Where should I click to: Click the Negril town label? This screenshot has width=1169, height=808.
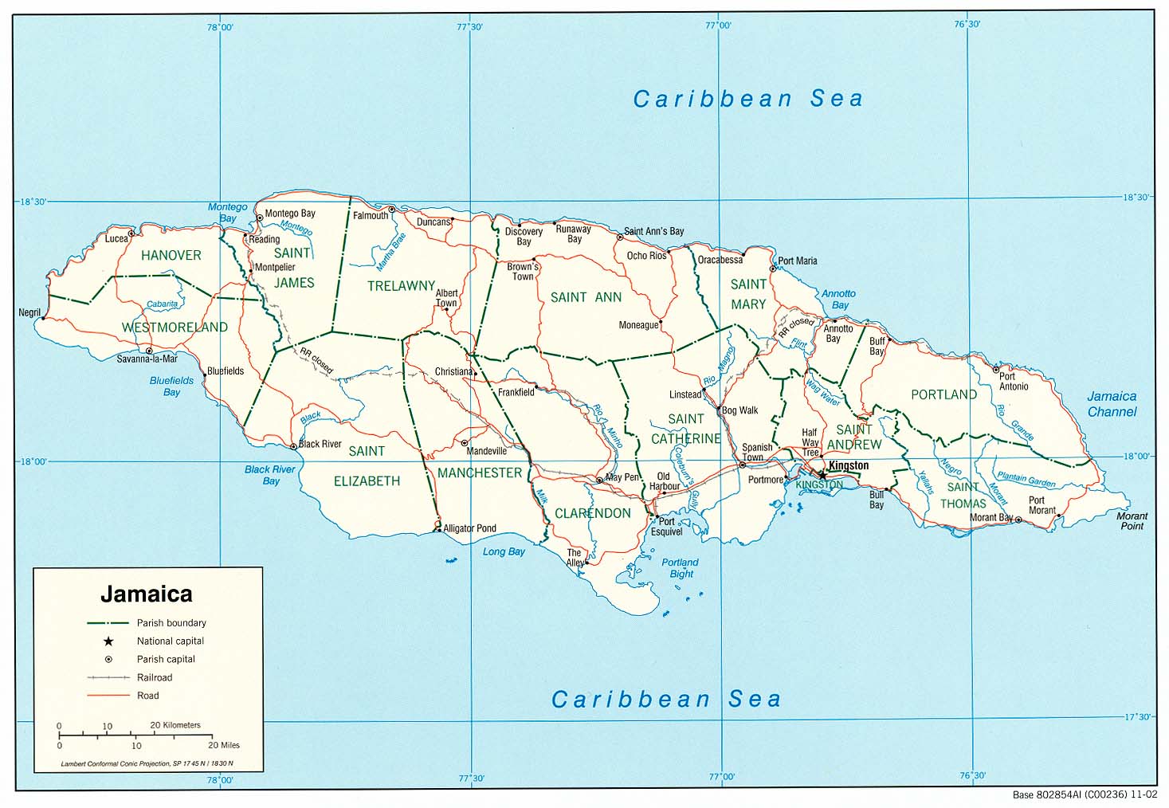pos(29,312)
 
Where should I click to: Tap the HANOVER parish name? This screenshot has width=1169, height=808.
pos(171,256)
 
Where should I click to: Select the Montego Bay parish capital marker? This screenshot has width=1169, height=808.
pos(259,217)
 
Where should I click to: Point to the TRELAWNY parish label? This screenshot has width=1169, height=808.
pos(401,286)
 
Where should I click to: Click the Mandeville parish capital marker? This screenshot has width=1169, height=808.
pos(465,442)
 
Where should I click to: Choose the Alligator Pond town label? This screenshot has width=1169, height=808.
pos(469,528)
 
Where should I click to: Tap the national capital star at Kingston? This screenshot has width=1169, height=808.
pos(823,475)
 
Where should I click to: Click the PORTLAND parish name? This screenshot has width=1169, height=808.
pos(943,394)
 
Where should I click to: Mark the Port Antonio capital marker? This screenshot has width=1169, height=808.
pos(995,369)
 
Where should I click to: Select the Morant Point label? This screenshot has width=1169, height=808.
pos(1132,521)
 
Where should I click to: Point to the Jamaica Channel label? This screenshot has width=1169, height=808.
pos(1112,404)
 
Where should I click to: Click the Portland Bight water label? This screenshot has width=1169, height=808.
pos(680,568)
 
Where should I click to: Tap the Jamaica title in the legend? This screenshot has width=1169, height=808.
pos(146,594)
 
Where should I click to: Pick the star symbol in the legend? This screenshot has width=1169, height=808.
pos(108,641)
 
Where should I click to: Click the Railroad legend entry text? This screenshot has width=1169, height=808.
pos(155,678)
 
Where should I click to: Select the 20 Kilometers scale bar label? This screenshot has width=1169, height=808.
pos(175,725)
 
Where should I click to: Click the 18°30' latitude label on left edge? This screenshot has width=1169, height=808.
pos(33,202)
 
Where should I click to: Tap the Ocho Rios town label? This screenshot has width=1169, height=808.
pos(646,256)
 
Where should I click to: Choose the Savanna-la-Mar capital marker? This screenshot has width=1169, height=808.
pos(149,351)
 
